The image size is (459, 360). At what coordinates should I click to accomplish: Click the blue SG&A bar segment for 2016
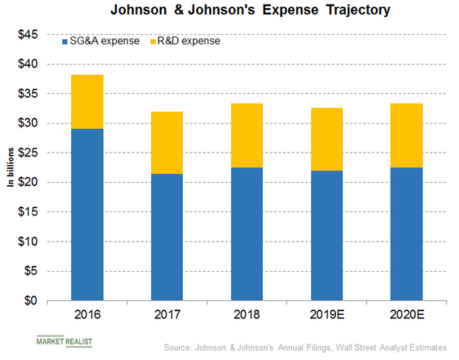point(87,215)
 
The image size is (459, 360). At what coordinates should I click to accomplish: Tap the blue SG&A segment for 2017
point(167,237)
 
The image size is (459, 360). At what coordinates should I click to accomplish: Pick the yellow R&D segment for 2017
point(167,142)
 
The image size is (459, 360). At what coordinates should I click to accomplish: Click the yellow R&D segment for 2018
point(247,135)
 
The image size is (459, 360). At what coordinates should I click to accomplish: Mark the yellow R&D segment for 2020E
point(406,135)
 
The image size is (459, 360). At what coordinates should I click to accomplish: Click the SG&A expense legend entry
point(104,41)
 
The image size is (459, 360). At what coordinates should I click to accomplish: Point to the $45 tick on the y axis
point(29,35)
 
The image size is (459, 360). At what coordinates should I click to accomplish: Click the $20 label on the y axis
point(29,183)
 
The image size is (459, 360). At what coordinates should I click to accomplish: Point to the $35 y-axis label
point(29,94)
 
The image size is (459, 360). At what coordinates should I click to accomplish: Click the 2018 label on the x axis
point(247,314)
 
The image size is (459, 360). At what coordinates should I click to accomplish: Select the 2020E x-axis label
point(406,314)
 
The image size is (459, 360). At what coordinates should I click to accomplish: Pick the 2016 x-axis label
point(87,314)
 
